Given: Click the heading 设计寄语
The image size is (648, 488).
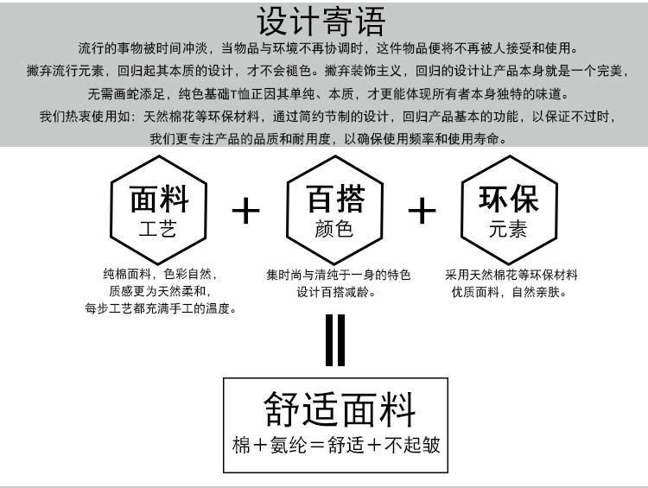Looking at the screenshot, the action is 322,22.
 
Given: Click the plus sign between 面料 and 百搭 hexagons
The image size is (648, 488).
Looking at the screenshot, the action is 247,210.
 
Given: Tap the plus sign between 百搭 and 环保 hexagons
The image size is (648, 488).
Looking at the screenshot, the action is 422,210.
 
